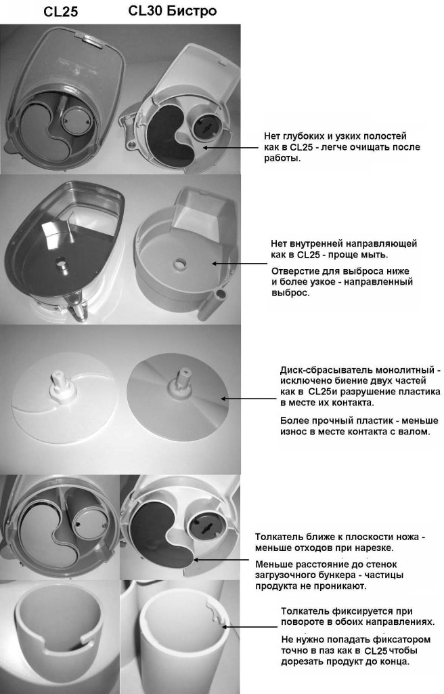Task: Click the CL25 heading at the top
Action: (x=61, y=12)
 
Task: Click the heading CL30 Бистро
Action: (x=173, y=11)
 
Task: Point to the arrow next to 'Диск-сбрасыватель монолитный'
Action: (x=248, y=399)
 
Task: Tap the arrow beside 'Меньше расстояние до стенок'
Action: (x=221, y=560)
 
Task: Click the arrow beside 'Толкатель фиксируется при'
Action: (x=250, y=627)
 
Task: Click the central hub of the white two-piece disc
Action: (x=62, y=382)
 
